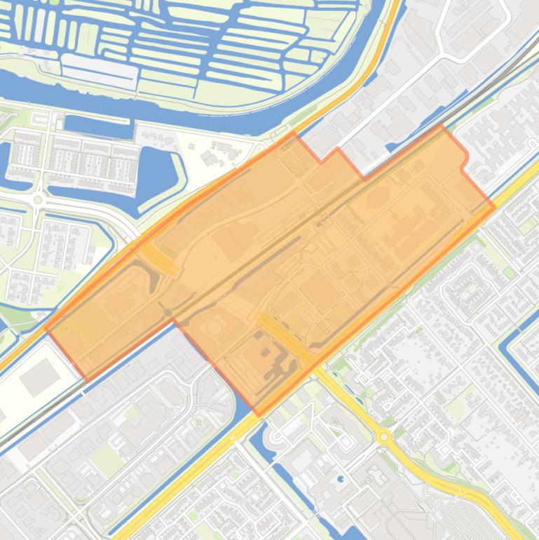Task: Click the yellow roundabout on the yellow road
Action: (383, 436)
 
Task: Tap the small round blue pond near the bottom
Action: (341, 480)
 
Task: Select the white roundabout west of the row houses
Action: (39, 200)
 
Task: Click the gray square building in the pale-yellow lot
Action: (39, 379)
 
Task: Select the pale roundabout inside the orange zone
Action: (364, 271)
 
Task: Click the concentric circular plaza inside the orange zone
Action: (215, 328)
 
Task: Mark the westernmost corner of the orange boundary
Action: (46, 328)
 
